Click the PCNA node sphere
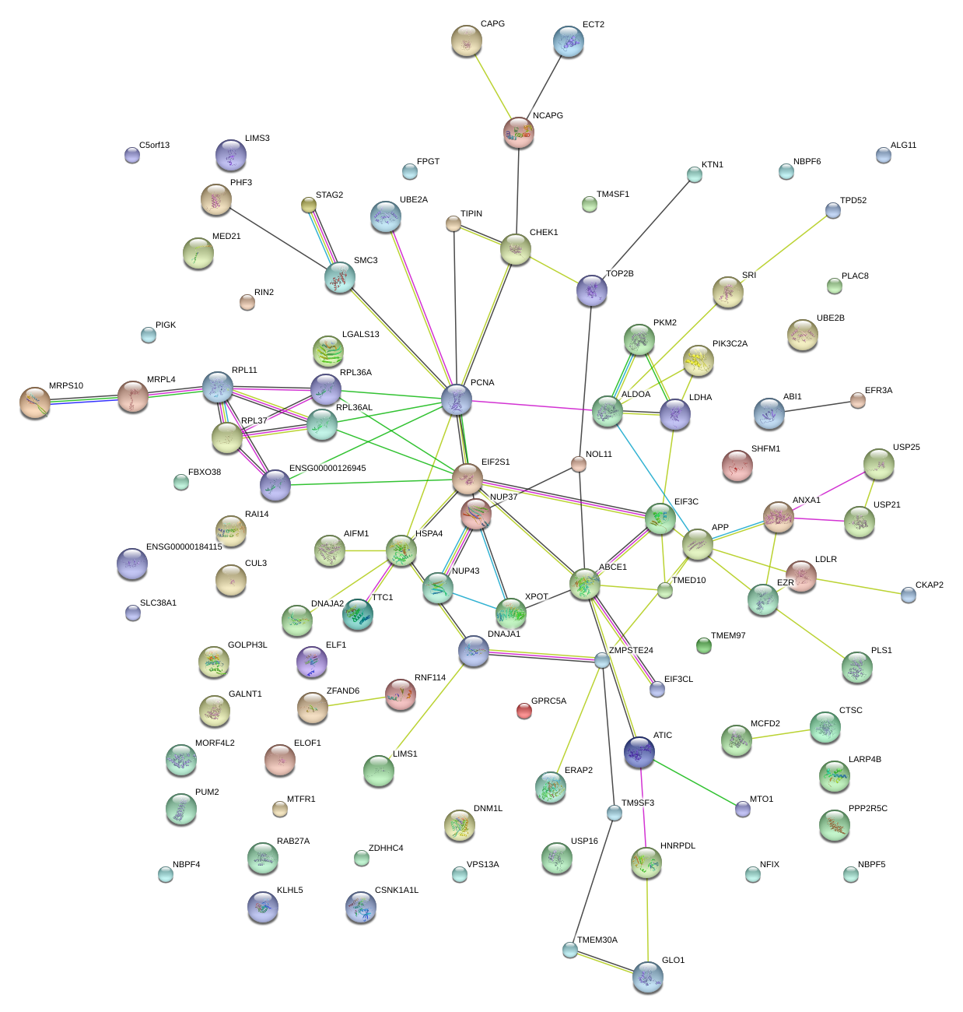[x=457, y=399]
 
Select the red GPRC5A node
[x=524, y=711]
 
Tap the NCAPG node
[x=518, y=132]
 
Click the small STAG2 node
[x=309, y=205]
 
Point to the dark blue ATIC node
[x=639, y=750]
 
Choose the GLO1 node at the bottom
[x=647, y=976]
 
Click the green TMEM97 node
[x=704, y=645]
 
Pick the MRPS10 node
[x=35, y=402]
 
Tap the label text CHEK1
[x=544, y=232]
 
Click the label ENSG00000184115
[x=184, y=547]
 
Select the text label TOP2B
[x=620, y=274]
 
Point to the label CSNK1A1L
[x=397, y=891]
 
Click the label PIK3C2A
[x=730, y=344]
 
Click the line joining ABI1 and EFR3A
[x=815, y=407]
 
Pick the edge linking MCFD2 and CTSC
[x=780, y=734]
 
